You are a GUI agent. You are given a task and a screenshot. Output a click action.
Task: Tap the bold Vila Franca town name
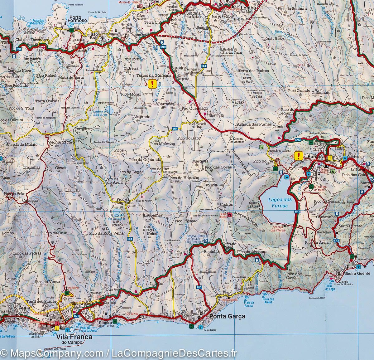(x=74, y=337)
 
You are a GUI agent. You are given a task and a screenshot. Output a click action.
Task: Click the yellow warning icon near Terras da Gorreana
(x=152, y=84)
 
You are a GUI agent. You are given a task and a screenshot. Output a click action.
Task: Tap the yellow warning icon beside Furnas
(x=299, y=156)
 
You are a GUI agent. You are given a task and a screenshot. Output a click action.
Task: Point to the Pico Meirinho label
(x=162, y=144)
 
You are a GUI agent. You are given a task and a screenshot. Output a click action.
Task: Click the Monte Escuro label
(x=61, y=142)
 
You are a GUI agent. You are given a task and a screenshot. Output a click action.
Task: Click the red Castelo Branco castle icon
(x=230, y=215)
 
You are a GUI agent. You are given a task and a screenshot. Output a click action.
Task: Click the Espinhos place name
(x=212, y=251)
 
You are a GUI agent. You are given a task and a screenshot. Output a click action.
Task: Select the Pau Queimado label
(x=194, y=108)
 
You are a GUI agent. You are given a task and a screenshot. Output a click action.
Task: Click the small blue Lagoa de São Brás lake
(x=109, y=110)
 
